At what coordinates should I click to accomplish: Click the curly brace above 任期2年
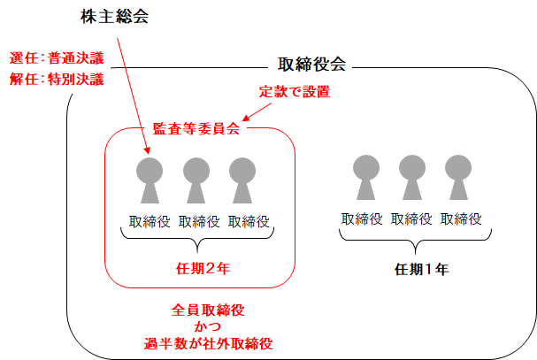196,241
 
